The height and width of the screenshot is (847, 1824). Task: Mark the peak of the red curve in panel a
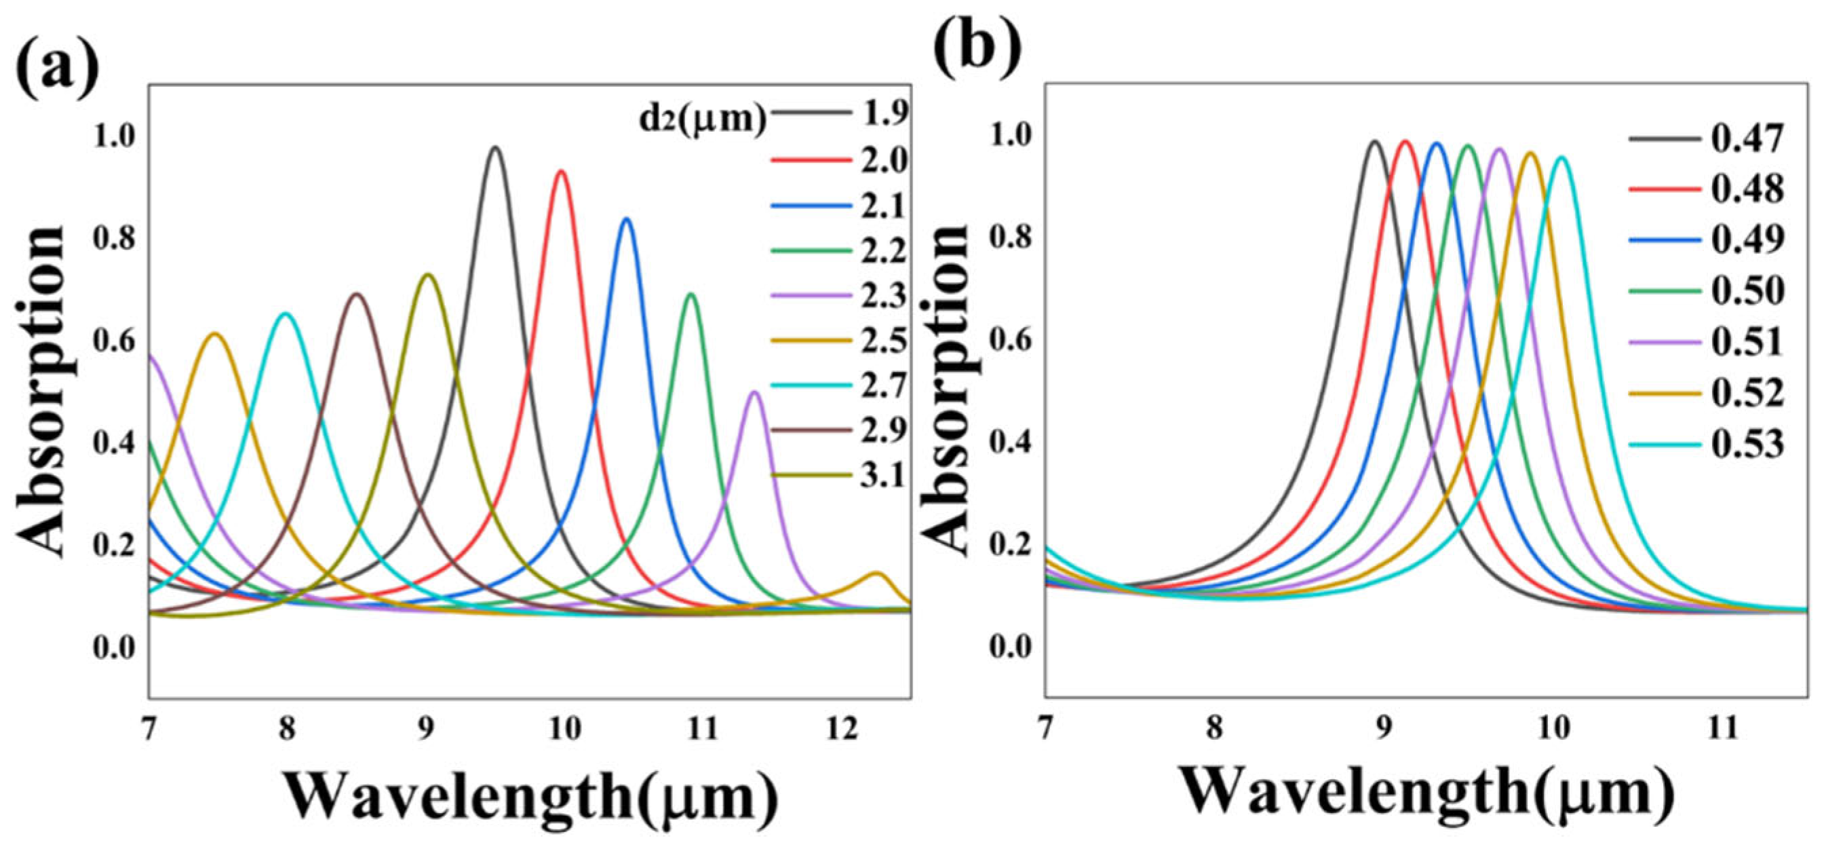(561, 172)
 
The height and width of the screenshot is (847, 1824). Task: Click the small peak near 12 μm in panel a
(876, 573)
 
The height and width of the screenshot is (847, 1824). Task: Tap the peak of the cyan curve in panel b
(1561, 157)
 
